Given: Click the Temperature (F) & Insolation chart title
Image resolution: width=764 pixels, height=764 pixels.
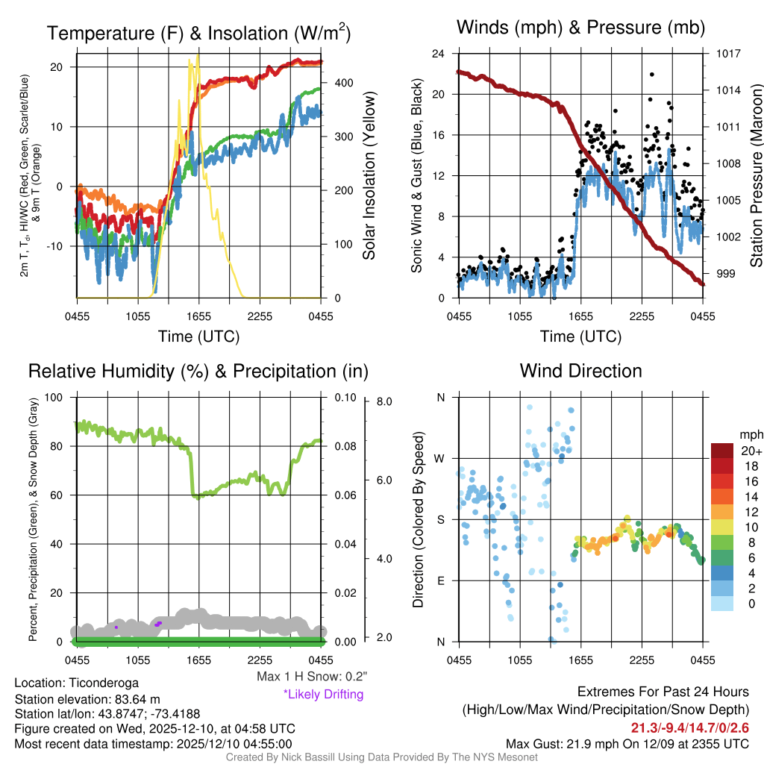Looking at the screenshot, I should [198, 33].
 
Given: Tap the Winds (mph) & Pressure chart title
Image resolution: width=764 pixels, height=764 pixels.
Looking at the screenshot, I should [580, 28].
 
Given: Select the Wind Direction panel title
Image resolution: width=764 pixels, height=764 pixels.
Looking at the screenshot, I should [580, 371].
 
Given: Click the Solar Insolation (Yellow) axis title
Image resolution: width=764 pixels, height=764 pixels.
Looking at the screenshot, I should [369, 176].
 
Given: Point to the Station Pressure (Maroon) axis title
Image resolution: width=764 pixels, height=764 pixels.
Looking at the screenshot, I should [755, 176].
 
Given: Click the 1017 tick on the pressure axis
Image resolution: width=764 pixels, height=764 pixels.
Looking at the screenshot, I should [728, 54].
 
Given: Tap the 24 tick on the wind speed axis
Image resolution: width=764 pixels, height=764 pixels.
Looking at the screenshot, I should [439, 54].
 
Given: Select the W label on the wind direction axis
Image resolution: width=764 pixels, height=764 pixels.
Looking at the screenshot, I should [441, 458].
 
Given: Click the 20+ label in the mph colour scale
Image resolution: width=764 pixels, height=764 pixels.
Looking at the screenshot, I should [751, 451].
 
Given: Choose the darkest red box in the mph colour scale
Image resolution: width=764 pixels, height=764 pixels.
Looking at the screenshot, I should [723, 451].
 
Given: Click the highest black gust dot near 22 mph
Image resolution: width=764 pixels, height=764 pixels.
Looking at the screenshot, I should [652, 75].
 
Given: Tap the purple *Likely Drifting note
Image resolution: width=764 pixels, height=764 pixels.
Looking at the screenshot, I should [323, 695].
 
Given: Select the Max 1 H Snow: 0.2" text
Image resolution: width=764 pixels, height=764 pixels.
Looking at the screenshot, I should [311, 677].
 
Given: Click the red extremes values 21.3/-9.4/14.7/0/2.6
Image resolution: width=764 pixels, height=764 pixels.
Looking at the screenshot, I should [690, 727].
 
